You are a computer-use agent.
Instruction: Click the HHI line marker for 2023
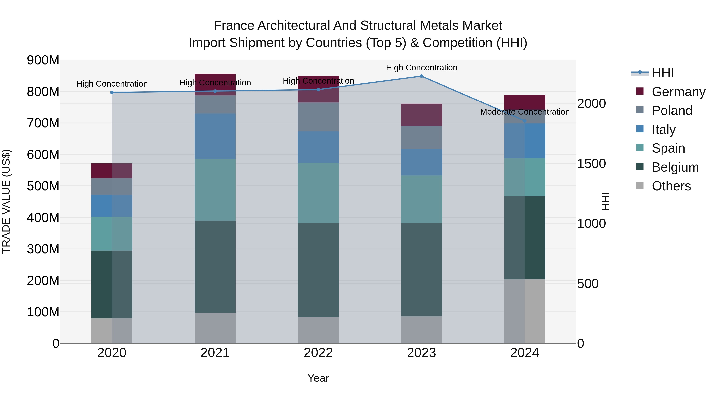[421, 76]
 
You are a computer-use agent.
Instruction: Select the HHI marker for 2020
[112, 92]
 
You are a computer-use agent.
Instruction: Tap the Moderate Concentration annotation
[525, 112]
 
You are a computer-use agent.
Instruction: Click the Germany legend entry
[678, 92]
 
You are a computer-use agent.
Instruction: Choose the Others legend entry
[671, 186]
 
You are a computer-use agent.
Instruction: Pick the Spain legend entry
[668, 148]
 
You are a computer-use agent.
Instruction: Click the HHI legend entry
[663, 73]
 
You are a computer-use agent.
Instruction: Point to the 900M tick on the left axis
[43, 60]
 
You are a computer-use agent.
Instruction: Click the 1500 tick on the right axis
[591, 164]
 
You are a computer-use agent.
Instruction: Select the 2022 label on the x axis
[318, 353]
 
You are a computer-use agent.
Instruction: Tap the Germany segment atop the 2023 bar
[421, 115]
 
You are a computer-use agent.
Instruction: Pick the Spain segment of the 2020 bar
[112, 233]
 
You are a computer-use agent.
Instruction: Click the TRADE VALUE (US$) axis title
[6, 201]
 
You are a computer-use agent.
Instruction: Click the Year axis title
[318, 378]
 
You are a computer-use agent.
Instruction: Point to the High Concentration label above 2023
[421, 68]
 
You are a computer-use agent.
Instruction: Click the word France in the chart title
[234, 26]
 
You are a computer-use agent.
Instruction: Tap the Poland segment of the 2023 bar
[421, 137]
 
